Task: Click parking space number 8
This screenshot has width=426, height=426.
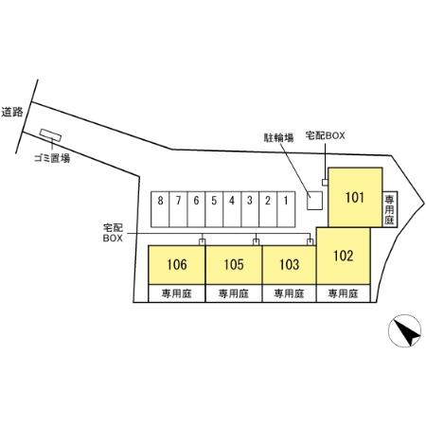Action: [160, 209]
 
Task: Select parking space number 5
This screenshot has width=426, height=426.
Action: [214, 209]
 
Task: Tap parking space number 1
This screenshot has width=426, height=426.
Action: [286, 209]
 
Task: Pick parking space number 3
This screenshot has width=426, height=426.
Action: [250, 209]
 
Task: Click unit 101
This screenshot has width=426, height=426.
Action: [355, 197]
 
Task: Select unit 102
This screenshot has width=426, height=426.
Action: [344, 256]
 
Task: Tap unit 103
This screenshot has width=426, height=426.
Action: [289, 265]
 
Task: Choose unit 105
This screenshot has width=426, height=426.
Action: [234, 265]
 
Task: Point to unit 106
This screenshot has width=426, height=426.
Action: [177, 265]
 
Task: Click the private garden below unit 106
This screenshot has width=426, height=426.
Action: [177, 293]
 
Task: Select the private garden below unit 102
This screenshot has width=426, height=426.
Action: [344, 293]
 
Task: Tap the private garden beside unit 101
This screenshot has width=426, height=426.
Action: [390, 209]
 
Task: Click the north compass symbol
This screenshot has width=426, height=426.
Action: [404, 330]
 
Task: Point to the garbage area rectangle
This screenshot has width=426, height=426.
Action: [50, 135]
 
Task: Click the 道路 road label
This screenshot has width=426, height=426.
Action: [12, 112]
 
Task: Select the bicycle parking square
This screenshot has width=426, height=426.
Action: [315, 201]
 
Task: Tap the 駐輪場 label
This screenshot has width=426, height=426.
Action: [278, 137]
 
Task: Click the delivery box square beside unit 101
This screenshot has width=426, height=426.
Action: [325, 183]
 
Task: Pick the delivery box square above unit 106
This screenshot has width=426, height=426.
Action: [203, 242]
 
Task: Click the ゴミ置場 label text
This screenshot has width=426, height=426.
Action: [52, 158]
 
